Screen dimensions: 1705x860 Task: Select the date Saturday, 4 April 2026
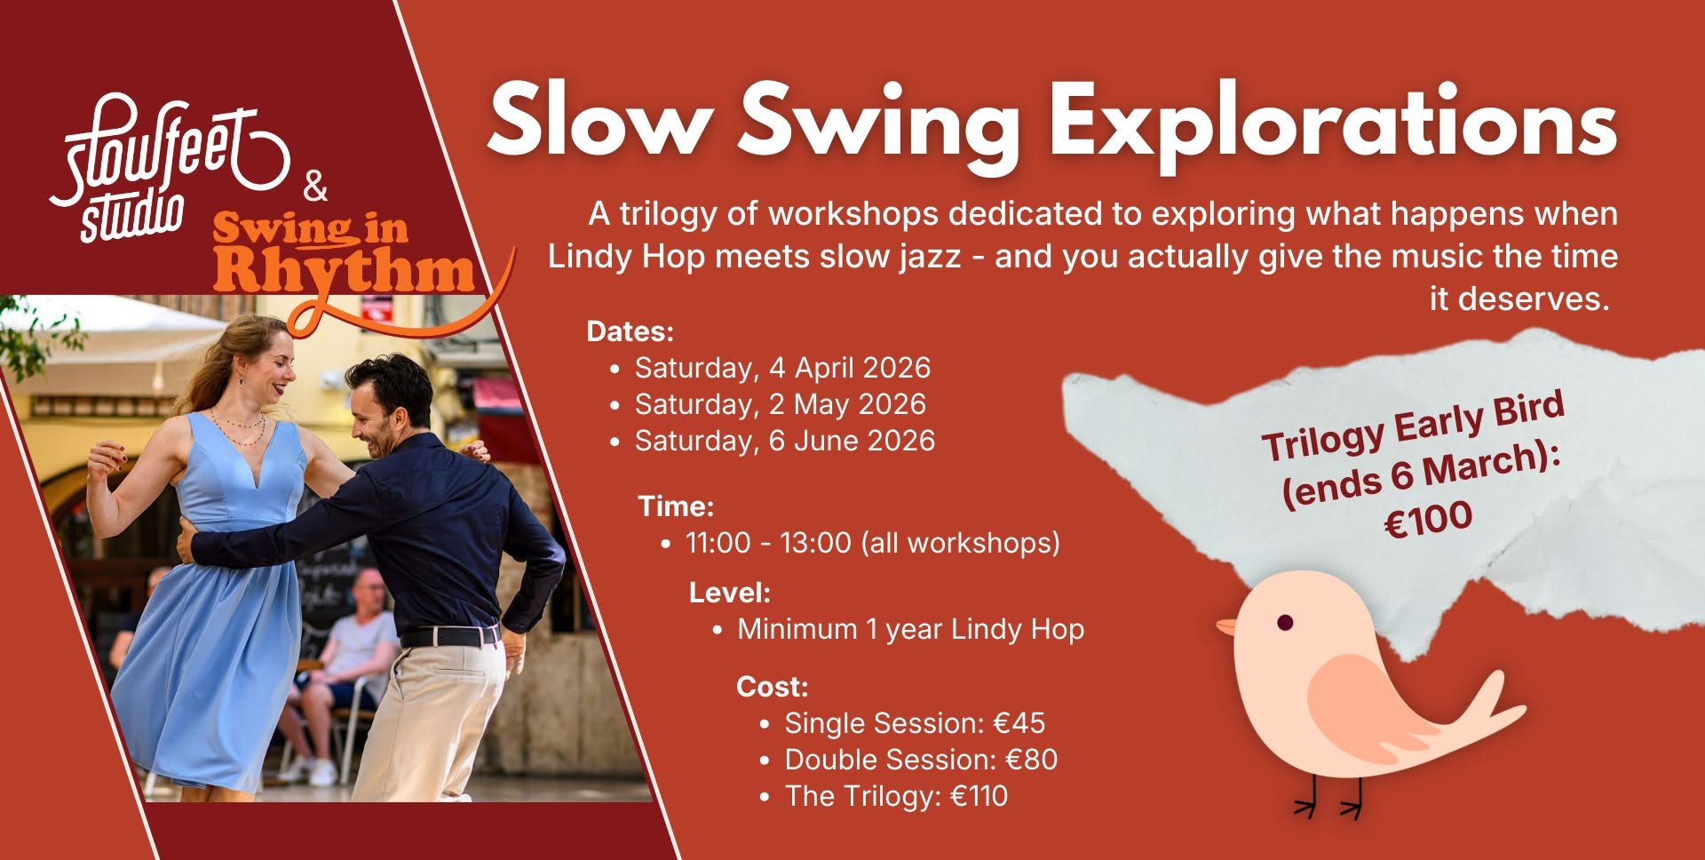coord(782,368)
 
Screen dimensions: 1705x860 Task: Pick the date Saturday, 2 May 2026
coord(780,404)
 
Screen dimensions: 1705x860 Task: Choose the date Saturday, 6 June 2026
coord(784,441)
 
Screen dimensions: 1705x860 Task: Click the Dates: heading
coord(630,331)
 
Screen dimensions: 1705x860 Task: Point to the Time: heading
coord(676,506)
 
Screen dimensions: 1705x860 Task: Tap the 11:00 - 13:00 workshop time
coord(872,543)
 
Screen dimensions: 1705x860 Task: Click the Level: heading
coord(730,593)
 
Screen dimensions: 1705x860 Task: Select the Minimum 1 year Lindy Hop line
coord(910,629)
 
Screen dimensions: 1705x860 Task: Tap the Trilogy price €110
coord(979,796)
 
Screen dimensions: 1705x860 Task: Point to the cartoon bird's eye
coord(1284,622)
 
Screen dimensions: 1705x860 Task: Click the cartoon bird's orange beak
coord(1226,627)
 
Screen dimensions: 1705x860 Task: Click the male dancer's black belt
coord(450,636)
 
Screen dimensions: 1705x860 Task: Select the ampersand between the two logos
coord(315,189)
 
